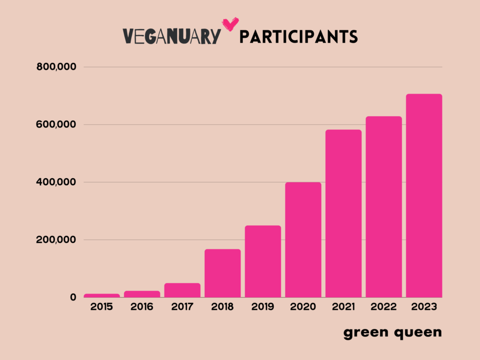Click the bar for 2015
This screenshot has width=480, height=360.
(x=102, y=295)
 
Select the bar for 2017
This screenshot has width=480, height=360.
(x=182, y=290)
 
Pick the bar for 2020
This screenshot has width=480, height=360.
(x=303, y=240)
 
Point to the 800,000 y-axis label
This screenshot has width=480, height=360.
(x=56, y=67)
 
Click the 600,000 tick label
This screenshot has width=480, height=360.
(x=56, y=125)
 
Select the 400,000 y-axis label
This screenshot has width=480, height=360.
(x=56, y=182)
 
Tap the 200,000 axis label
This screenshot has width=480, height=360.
(x=56, y=240)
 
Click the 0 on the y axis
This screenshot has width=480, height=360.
(x=73, y=297)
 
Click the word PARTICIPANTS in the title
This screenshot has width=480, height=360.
(x=299, y=37)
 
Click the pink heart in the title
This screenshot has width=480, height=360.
(x=230, y=23)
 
